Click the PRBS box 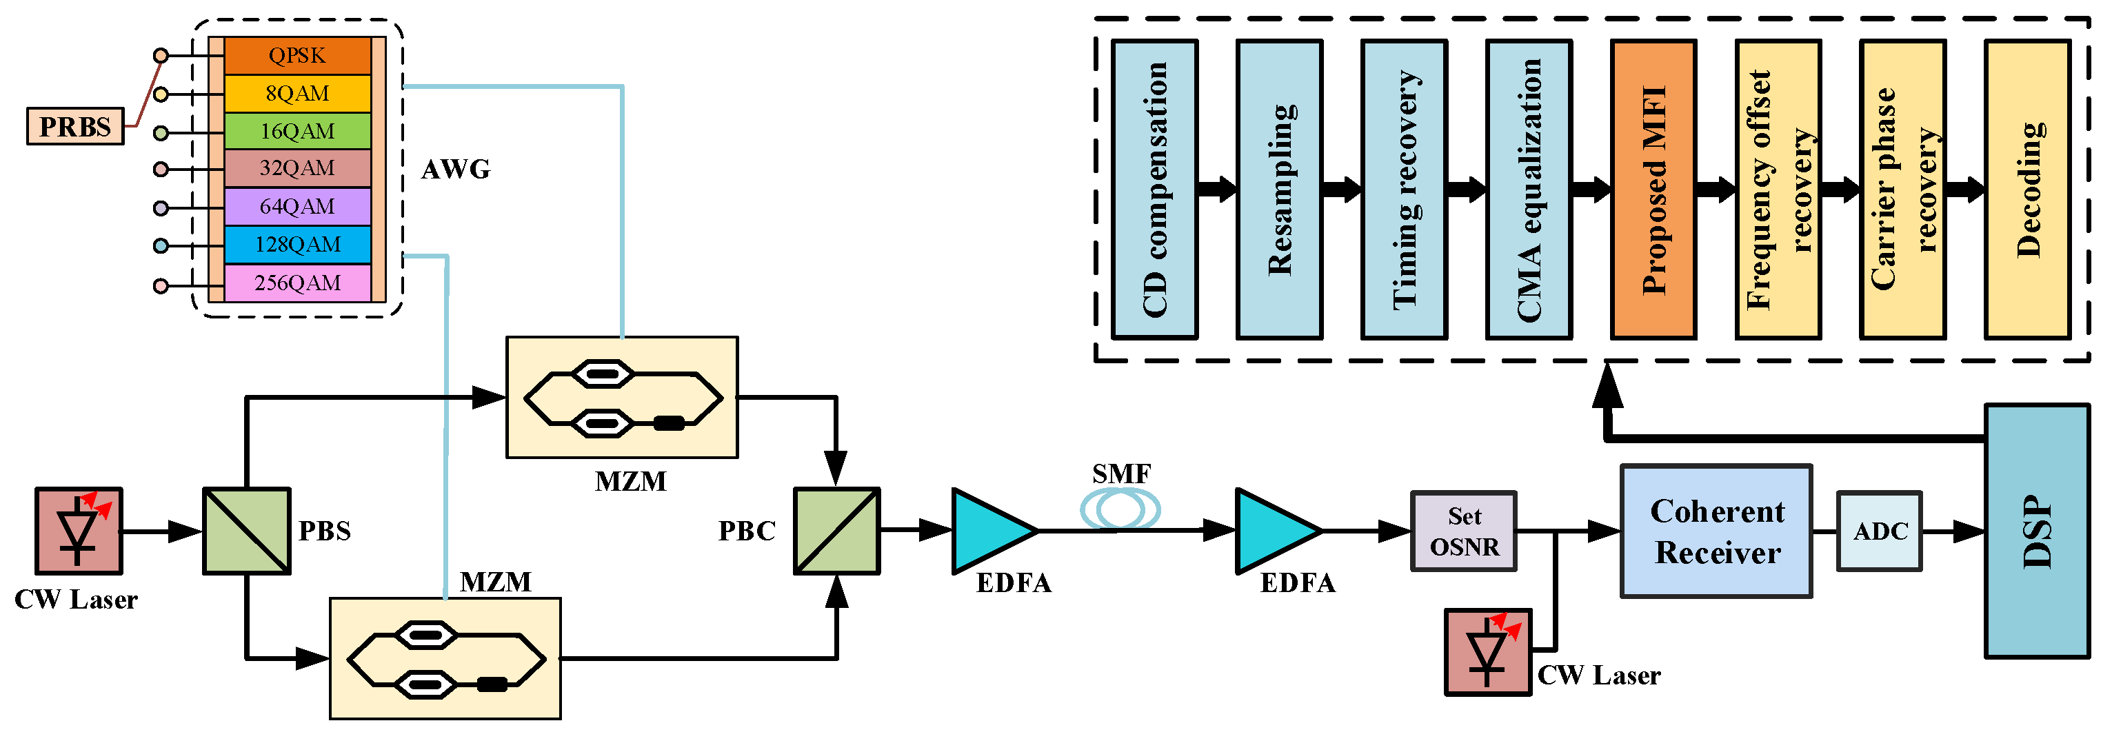[x=74, y=126]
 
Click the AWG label [x=455, y=170]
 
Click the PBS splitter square [x=246, y=530]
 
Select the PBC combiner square [x=836, y=530]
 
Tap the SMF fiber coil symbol [x=1120, y=508]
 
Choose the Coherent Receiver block [x=1716, y=531]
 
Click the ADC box [x=1879, y=531]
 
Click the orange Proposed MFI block [x=1653, y=190]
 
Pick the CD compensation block [x=1154, y=190]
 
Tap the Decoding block [x=2026, y=190]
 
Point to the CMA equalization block [x=1528, y=190]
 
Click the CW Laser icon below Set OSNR [x=1487, y=651]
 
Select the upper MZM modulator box [x=621, y=398]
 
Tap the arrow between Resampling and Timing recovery [x=1342, y=190]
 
